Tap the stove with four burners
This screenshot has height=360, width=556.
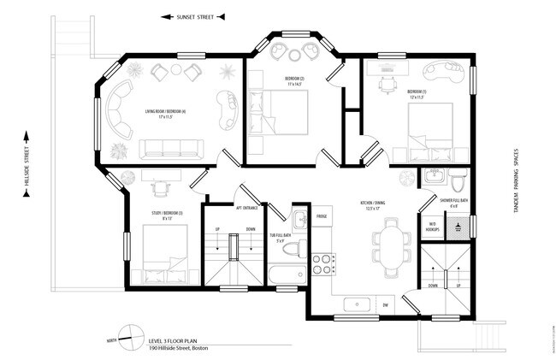click(x=322, y=263)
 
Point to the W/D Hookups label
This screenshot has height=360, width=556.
click(x=434, y=227)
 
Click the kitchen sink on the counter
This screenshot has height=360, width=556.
click(x=356, y=304)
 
